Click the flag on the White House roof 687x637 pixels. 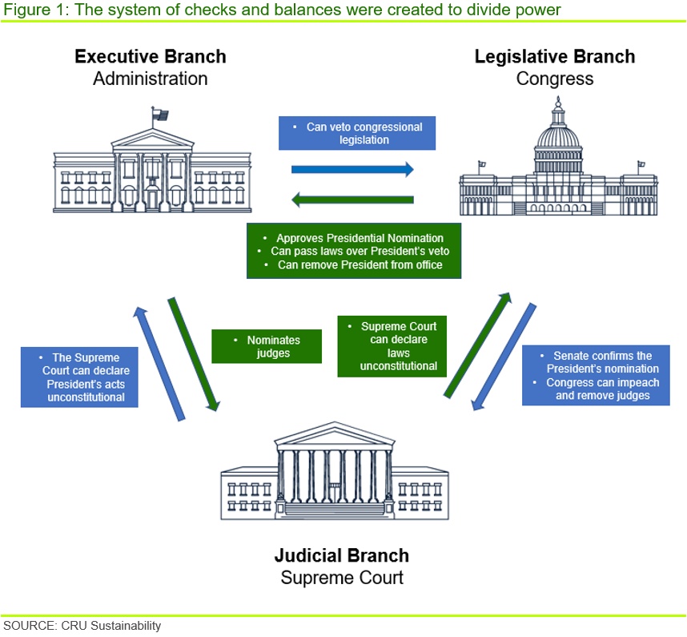tap(160, 115)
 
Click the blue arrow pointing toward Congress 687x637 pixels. tap(352, 169)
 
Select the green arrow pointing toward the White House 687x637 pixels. tap(352, 200)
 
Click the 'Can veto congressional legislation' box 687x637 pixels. tap(357, 133)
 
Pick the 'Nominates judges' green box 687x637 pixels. tap(267, 346)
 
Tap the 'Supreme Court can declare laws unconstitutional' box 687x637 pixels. tap(392, 346)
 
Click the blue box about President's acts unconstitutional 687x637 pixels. tap(79, 377)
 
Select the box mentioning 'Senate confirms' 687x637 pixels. tap(596, 375)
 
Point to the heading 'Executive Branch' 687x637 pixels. tap(151, 57)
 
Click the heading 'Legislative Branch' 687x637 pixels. tap(555, 57)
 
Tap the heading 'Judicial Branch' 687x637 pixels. tap(342, 555)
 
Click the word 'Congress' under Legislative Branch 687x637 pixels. tap(555, 79)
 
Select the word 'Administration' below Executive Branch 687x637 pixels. tap(151, 79)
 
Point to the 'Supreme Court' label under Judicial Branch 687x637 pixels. tap(342, 578)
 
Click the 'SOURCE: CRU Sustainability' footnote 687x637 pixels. tap(82, 626)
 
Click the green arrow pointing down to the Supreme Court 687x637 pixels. tap(193, 354)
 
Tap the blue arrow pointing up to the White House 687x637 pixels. tap(159, 364)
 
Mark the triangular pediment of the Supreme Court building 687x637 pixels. tap(335, 433)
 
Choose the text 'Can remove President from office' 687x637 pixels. tap(360, 264)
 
